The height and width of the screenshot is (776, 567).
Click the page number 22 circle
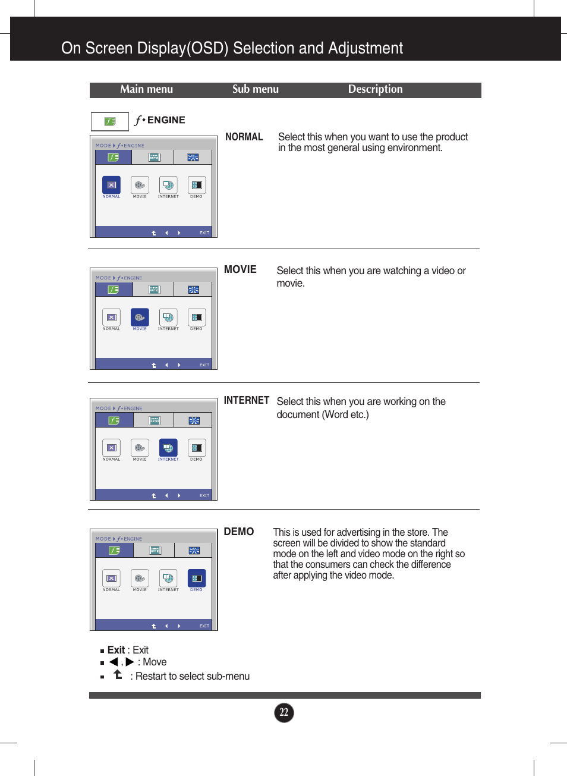tap(284, 712)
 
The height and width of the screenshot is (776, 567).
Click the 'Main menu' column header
tap(146, 89)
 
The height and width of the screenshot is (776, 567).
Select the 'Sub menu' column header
tap(255, 89)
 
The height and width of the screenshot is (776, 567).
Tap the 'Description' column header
tap(375, 89)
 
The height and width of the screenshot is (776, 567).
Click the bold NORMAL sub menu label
tap(244, 137)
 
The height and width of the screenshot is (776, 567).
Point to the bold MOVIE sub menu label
tap(240, 269)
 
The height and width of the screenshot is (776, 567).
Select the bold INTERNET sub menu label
tap(246, 400)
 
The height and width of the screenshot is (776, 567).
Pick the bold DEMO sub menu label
tap(238, 532)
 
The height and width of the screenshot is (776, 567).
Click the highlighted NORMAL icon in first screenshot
tap(111, 185)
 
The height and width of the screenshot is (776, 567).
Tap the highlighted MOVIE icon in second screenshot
tap(140, 317)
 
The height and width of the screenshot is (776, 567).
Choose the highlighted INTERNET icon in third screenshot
tap(168, 447)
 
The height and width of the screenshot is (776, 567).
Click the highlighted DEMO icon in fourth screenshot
tap(196, 578)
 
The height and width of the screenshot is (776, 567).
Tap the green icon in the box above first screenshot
tap(110, 121)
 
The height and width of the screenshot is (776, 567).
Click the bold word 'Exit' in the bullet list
tap(116, 650)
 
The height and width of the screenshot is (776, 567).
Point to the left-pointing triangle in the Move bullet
tap(114, 662)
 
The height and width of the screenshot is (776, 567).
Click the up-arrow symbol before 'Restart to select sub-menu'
tap(118, 674)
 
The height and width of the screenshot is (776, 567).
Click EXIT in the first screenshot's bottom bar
tap(204, 233)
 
